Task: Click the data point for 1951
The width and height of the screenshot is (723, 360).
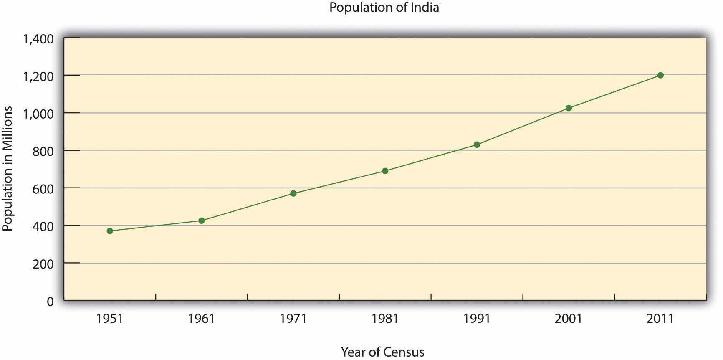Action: click(110, 231)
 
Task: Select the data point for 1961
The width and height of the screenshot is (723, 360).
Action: click(202, 221)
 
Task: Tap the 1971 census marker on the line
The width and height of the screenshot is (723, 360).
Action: click(293, 193)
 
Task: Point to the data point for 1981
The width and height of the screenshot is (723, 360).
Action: click(385, 171)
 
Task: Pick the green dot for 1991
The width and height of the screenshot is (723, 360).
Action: click(477, 145)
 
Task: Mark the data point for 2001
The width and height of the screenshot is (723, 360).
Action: click(569, 108)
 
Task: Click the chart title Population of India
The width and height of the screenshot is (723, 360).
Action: click(384, 8)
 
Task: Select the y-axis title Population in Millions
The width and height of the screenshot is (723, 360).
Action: click(8, 169)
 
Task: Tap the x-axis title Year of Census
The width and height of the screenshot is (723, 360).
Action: click(382, 352)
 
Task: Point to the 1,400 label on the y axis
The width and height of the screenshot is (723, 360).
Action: click(38, 39)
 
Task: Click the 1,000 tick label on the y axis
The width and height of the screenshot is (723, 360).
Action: click(38, 114)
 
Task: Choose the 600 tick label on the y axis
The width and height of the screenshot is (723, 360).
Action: click(43, 189)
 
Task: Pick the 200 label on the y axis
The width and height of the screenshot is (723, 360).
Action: click(43, 264)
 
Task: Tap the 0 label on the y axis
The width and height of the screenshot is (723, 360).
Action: click(50, 301)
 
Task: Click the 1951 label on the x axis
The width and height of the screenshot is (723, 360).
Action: click(110, 319)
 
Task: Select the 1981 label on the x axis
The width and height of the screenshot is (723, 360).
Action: click(385, 319)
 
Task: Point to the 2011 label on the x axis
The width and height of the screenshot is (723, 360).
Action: click(660, 319)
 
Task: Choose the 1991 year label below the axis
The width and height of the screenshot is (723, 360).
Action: click(477, 319)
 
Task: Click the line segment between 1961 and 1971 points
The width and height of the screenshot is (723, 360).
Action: click(247, 207)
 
